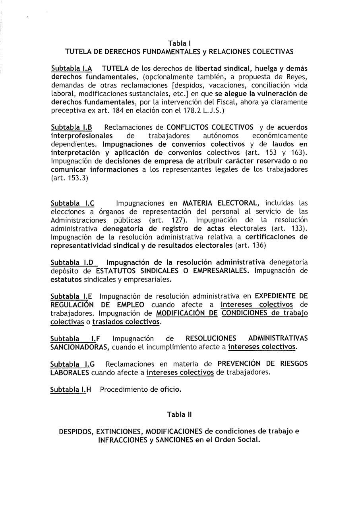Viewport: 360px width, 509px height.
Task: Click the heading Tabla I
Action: point(180,43)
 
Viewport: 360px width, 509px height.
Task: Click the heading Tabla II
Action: point(180,414)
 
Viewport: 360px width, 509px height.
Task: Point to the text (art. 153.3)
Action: point(70,179)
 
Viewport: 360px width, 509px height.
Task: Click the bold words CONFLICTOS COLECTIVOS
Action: point(210,128)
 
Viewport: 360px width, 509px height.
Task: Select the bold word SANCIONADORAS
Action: point(80,347)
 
